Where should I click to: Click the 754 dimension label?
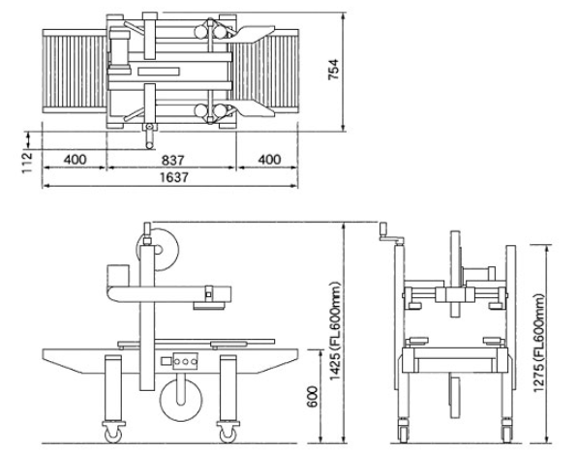click(333, 70)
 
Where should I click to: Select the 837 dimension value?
click(172, 160)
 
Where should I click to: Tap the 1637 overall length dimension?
click(174, 177)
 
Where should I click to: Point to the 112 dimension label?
click(27, 163)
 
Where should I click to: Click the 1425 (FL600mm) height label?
click(335, 331)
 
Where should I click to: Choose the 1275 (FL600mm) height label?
click(539, 344)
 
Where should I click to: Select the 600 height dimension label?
click(313, 397)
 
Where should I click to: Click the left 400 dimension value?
click(76, 160)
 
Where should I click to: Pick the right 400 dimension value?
click(269, 160)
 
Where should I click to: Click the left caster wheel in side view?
click(113, 434)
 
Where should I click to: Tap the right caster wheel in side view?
click(228, 434)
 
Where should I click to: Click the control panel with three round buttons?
click(185, 362)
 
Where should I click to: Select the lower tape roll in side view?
click(181, 401)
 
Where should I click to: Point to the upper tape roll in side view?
click(158, 250)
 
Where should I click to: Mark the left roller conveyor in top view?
click(75, 71)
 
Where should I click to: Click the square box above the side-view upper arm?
click(118, 275)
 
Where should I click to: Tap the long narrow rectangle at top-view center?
click(159, 71)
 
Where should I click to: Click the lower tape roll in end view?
click(455, 397)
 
